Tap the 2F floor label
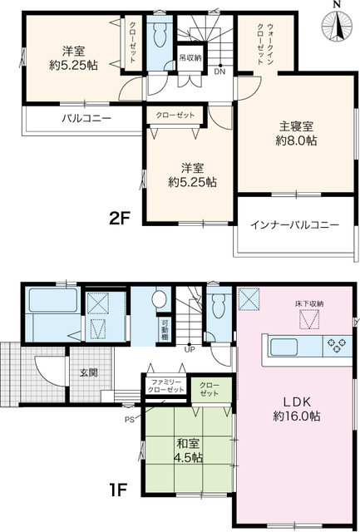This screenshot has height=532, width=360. coord(121,219)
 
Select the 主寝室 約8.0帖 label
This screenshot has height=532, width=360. coord(297,134)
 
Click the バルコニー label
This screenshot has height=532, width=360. coord(86,119)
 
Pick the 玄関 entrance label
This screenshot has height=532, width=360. coord(88,372)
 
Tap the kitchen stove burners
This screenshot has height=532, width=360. coord(338,343)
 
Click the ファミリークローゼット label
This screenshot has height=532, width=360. coord(166,386)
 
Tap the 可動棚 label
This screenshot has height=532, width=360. coord(165,330)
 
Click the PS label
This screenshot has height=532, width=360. coord(129,420)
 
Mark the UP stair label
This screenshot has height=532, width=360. coord(190,349)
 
